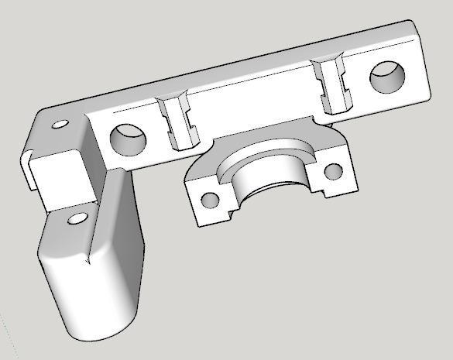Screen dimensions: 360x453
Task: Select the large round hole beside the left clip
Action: coord(128,139)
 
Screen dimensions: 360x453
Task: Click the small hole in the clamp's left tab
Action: coord(208,201)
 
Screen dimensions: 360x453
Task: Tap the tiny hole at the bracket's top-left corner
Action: coord(59,123)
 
